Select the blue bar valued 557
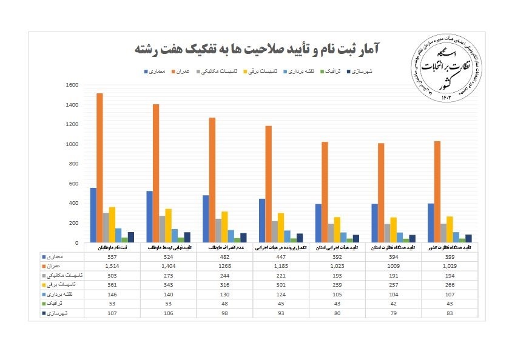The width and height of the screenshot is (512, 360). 93,215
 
